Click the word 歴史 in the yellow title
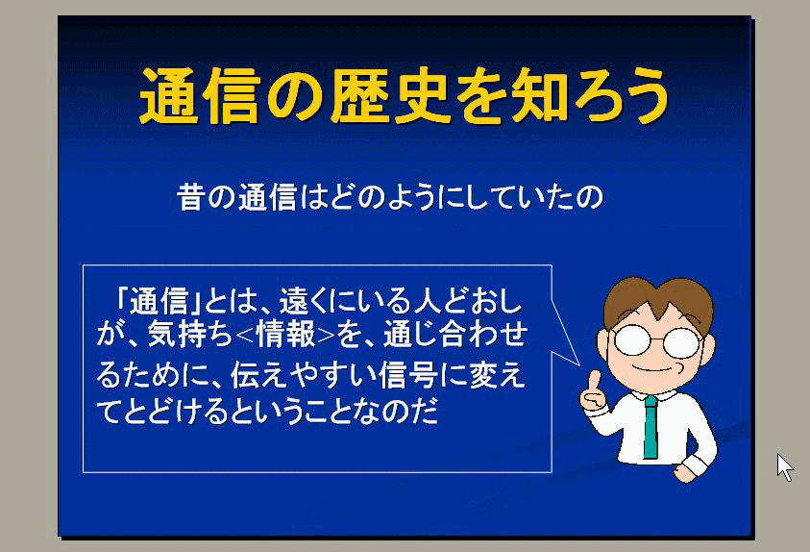pos(390,96)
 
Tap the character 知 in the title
pos(541,96)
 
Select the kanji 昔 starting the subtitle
pos(191,197)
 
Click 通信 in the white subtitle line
pos(267,197)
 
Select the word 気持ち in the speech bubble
pos(190,335)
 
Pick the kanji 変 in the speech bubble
pos(482,375)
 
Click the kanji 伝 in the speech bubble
pos(244,375)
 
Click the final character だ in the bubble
pos(424,413)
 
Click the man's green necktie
pos(650,427)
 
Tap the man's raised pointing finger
pos(594,381)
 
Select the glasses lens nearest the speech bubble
pos(632,340)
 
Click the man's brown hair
pos(658,301)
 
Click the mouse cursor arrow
pos(784,466)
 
